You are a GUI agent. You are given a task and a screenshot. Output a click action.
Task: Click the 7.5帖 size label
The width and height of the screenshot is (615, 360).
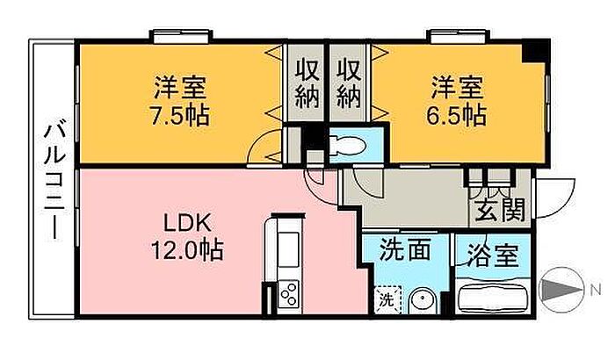(180, 116)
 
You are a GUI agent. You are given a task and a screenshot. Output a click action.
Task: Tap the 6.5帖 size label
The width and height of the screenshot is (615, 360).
(457, 116)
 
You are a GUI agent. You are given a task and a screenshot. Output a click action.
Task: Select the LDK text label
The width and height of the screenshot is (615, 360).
(187, 224)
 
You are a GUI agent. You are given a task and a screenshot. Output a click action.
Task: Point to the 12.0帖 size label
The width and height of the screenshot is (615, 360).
(187, 250)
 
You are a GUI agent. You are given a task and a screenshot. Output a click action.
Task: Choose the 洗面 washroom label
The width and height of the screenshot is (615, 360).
(405, 249)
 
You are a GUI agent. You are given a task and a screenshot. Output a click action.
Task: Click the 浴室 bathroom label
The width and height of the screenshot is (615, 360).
(494, 256)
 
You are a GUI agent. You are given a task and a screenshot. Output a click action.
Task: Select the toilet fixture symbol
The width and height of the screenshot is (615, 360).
(347, 146)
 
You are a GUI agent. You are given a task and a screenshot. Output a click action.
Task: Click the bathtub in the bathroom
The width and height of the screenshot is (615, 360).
(493, 298)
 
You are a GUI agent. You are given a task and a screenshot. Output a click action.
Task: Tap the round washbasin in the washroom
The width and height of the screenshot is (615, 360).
(422, 301)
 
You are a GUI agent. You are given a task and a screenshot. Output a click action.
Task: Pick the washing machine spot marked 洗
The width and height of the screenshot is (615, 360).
(387, 300)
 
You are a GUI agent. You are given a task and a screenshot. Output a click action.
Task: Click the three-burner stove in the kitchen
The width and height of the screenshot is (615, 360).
(289, 294)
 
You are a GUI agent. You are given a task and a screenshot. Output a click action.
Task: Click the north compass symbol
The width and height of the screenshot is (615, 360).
(561, 291)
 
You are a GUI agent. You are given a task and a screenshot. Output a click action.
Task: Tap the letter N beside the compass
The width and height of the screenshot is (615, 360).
(597, 291)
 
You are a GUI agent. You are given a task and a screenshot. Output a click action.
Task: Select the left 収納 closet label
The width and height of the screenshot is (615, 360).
(307, 83)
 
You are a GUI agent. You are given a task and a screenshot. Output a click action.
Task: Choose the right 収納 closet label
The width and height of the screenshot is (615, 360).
(349, 83)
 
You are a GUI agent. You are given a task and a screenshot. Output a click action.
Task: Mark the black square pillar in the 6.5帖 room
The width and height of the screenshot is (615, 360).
(535, 51)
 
